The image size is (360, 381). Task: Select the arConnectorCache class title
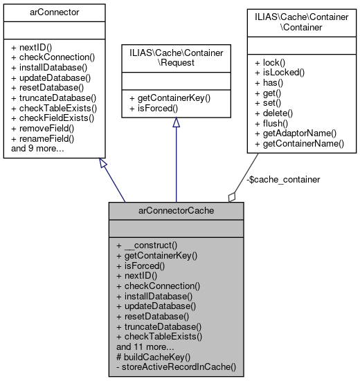175,210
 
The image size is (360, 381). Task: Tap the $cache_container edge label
283,179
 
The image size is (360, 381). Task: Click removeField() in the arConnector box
43,129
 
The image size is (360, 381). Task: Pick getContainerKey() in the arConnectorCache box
156,254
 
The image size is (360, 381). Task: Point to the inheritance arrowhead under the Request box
176,122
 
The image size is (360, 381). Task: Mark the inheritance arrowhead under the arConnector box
103,164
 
